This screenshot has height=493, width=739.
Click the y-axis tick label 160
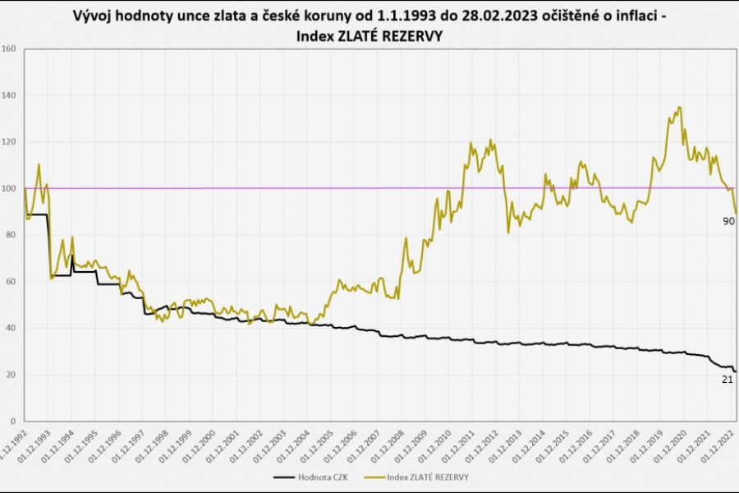click(x=11, y=48)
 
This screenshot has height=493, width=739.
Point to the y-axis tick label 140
click(x=11, y=95)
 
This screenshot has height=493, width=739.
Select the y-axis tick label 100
click(x=11, y=188)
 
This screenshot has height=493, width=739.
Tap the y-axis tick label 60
click(x=11, y=282)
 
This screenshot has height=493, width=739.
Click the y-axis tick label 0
click(x=14, y=422)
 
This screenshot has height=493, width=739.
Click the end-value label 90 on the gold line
click(x=728, y=221)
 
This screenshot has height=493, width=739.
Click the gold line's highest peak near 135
click(x=678, y=107)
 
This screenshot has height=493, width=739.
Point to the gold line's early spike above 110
click(x=39, y=164)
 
